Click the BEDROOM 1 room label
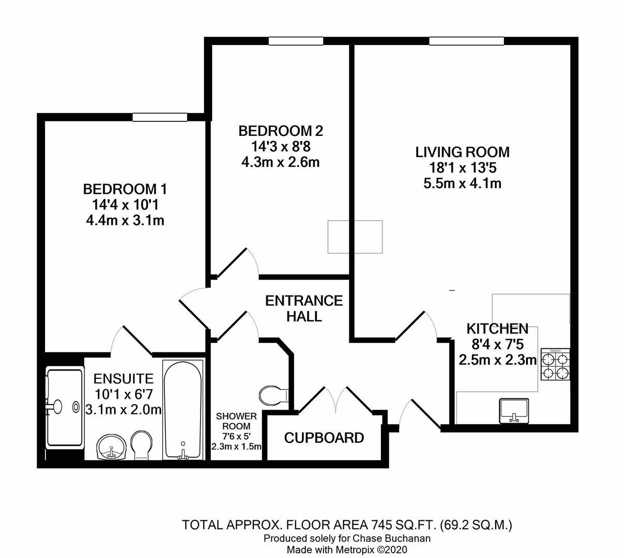click(125, 189)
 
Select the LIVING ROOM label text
click(462, 152)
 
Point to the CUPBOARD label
click(324, 438)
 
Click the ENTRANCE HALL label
click(304, 308)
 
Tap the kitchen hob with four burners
click(555, 365)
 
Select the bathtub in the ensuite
click(182, 409)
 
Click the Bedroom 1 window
click(159, 118)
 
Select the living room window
click(466, 42)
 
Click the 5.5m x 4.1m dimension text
click(462, 183)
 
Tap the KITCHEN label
click(497, 329)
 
